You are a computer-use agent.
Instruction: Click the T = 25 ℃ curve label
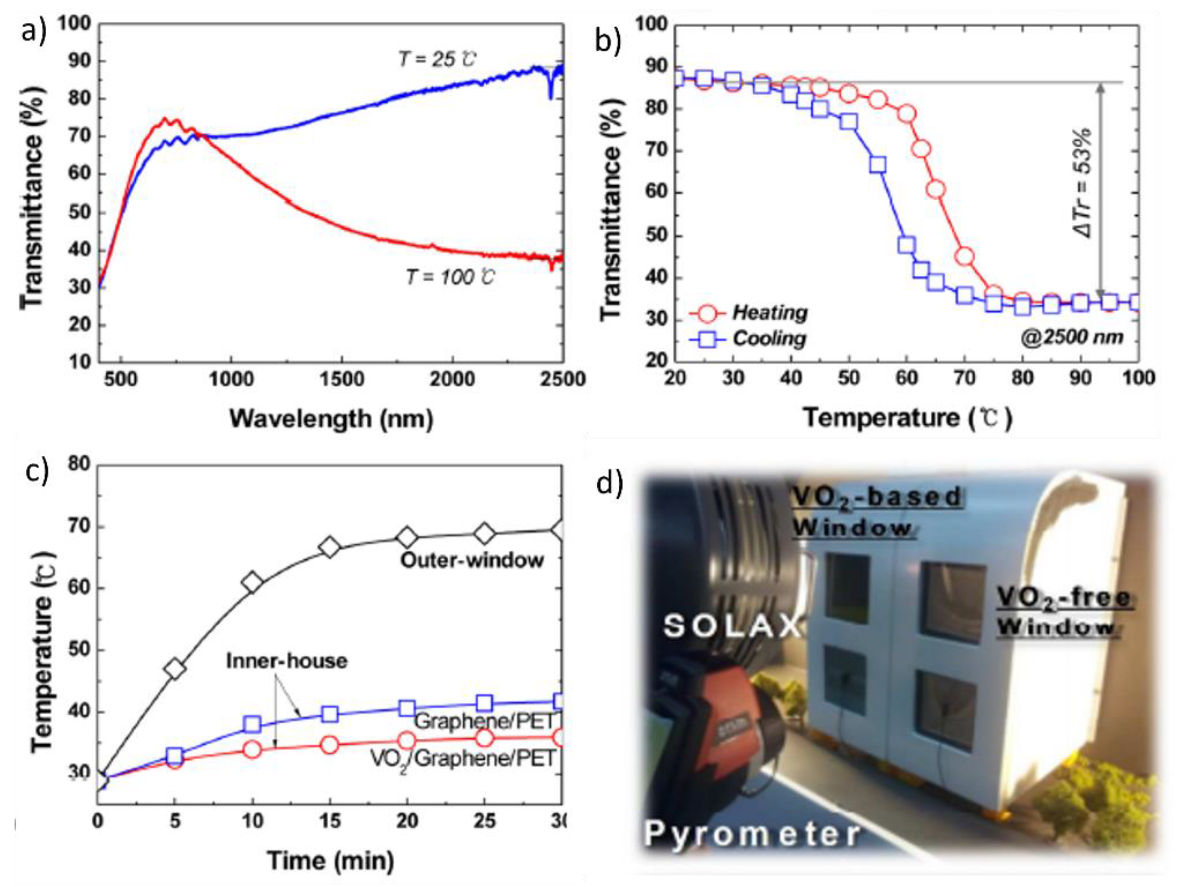point(438,59)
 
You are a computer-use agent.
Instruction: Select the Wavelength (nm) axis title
point(331,419)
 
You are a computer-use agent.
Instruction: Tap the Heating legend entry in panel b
point(769,312)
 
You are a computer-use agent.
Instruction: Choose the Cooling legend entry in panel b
point(769,338)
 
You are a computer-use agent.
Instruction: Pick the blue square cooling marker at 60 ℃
point(907,245)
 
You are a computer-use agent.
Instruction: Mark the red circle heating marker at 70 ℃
point(964,256)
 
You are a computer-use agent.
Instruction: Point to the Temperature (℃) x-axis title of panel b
point(908,418)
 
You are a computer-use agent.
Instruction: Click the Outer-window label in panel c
point(472,560)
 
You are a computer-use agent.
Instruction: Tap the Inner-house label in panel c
point(287,661)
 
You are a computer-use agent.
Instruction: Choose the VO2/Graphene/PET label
point(462,759)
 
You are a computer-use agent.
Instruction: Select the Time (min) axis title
point(330,861)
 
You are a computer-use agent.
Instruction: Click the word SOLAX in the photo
point(732,626)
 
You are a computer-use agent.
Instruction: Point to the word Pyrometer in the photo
point(752,834)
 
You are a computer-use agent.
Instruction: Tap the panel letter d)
point(609,484)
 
